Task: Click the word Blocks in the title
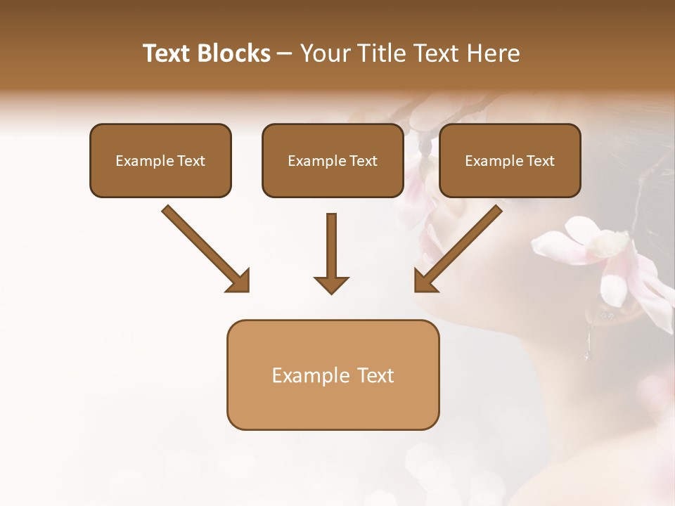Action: click(235, 53)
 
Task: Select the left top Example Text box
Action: click(160, 160)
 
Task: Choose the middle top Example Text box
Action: click(333, 160)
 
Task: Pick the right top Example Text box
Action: click(510, 160)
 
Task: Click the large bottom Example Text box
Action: click(333, 375)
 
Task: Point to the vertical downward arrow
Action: click(331, 246)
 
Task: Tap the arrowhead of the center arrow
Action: click(331, 284)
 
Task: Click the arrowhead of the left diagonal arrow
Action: click(239, 280)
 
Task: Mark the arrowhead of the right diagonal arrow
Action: click(425, 280)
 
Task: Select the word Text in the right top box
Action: click(541, 160)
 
